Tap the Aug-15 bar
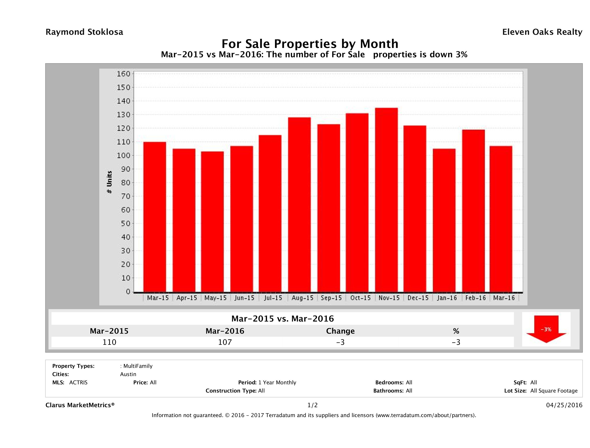click(299, 205)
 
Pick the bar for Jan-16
click(444, 220)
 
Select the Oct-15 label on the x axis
click(360, 298)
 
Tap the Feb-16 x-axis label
click(476, 298)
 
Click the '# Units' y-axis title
click(109, 182)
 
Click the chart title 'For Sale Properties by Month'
click(310, 44)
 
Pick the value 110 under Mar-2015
click(109, 342)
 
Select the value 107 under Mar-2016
click(225, 342)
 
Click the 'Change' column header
click(340, 331)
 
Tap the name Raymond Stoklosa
click(84, 32)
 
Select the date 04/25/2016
click(564, 405)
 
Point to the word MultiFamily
click(138, 366)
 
